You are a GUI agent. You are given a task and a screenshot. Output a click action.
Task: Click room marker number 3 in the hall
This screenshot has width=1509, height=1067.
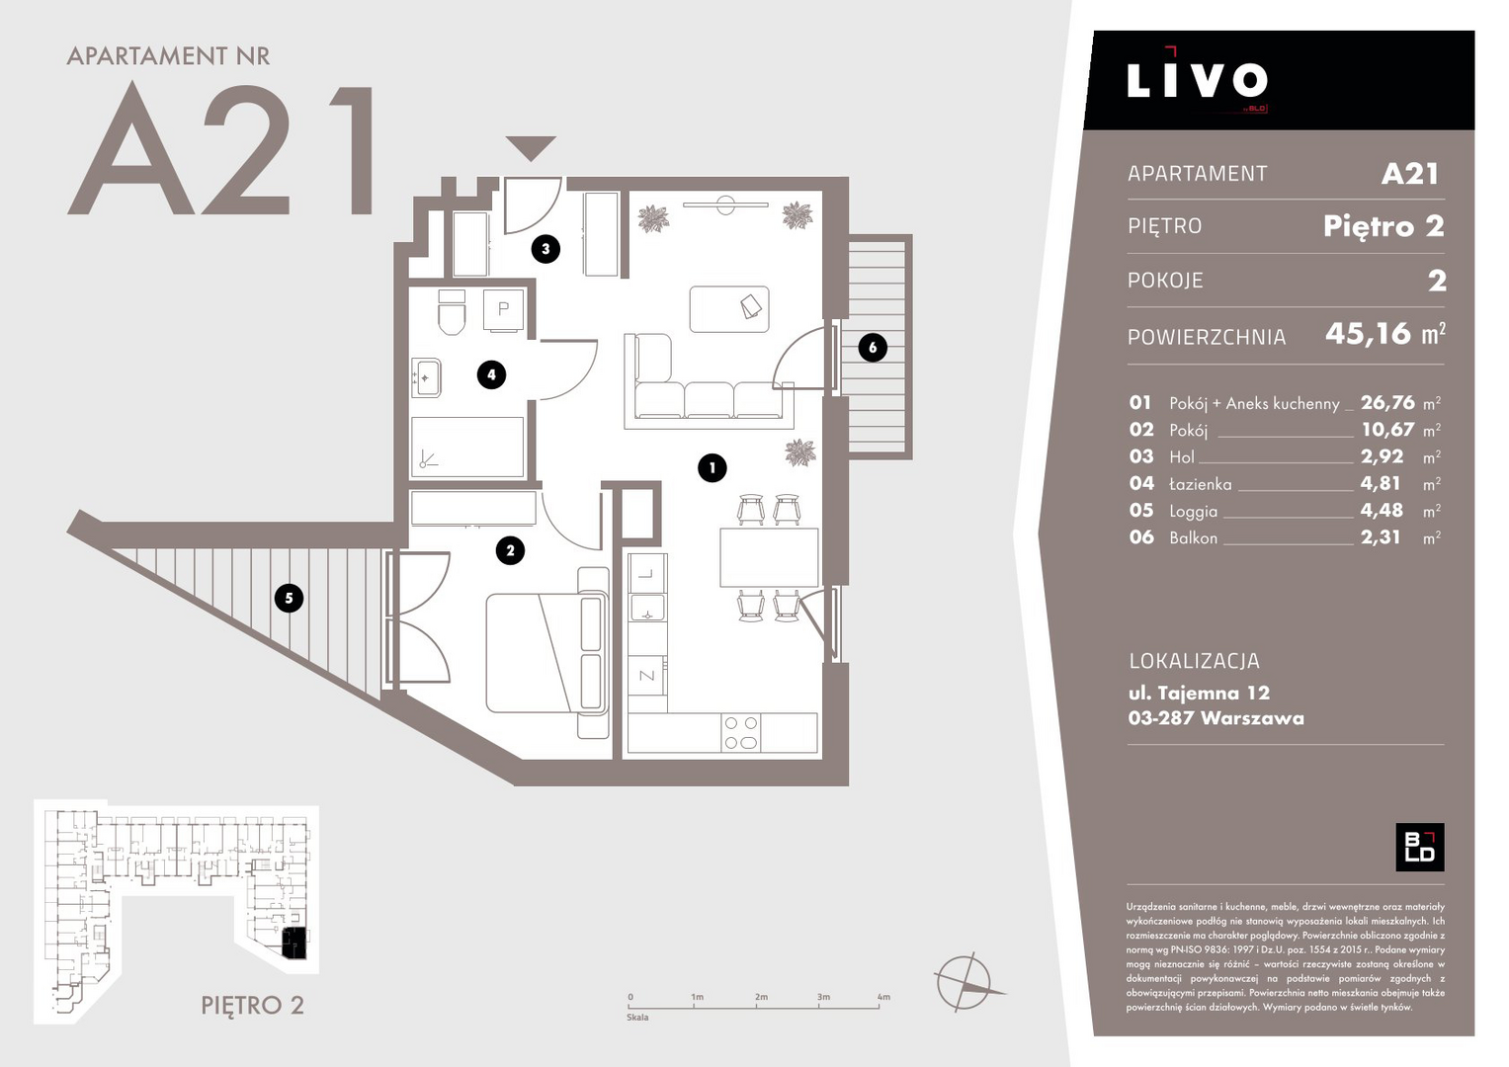click(x=545, y=249)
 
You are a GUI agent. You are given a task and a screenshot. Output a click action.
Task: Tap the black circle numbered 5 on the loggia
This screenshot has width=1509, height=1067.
click(x=289, y=598)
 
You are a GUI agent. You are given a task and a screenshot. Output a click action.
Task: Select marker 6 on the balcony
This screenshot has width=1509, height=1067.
click(x=873, y=348)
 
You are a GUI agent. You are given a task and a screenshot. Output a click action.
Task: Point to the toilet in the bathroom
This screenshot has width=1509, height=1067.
click(x=452, y=312)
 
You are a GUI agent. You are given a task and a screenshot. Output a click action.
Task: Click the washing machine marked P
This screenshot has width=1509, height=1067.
click(x=503, y=310)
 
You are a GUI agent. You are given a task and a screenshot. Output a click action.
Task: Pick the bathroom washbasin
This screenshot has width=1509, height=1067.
click(x=427, y=377)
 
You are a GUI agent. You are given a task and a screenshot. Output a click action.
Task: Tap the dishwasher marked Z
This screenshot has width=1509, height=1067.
click(x=647, y=676)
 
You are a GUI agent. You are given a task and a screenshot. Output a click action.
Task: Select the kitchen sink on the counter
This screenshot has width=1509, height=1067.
click(x=647, y=607)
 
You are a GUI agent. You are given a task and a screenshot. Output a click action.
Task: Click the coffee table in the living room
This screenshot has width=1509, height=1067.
click(x=729, y=309)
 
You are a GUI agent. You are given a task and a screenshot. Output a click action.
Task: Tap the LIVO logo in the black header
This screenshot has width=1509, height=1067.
click(x=1197, y=79)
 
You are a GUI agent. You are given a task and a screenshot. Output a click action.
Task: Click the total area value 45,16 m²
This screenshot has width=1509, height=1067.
click(x=1385, y=334)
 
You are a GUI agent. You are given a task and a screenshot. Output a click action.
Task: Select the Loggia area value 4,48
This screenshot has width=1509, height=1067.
click(x=1382, y=510)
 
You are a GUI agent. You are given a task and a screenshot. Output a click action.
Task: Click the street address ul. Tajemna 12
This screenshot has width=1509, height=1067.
click(x=1199, y=693)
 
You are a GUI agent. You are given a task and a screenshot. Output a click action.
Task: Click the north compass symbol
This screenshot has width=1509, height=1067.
click(x=967, y=982)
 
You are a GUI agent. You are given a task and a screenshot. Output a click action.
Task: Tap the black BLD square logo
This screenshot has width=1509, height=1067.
click(x=1419, y=847)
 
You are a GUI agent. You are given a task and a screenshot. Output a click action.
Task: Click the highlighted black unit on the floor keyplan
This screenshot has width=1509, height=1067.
click(x=293, y=943)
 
